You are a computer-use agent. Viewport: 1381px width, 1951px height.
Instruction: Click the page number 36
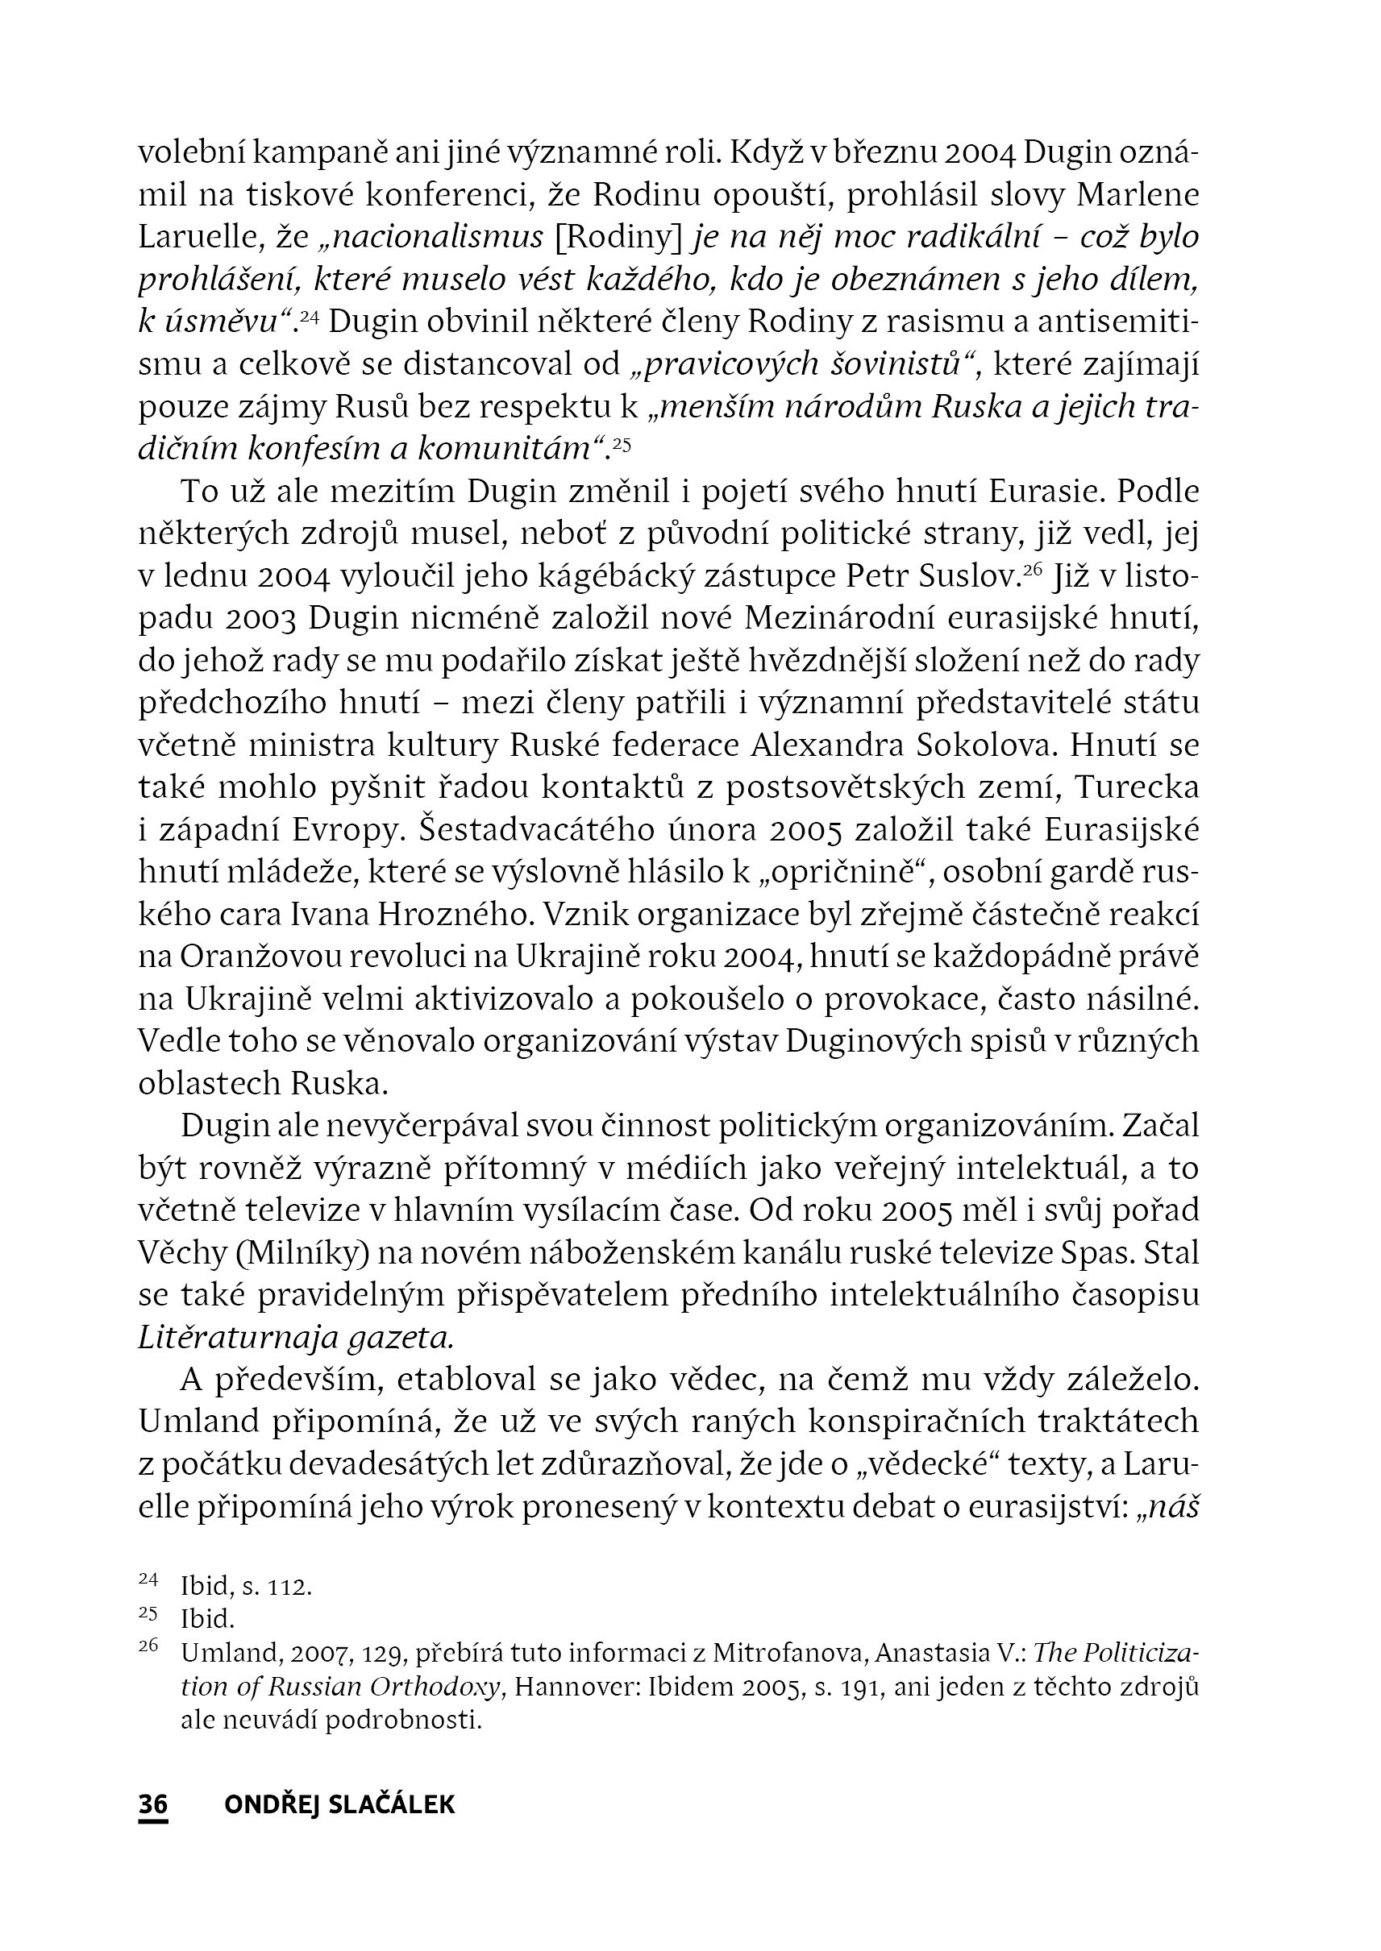(153, 1806)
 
